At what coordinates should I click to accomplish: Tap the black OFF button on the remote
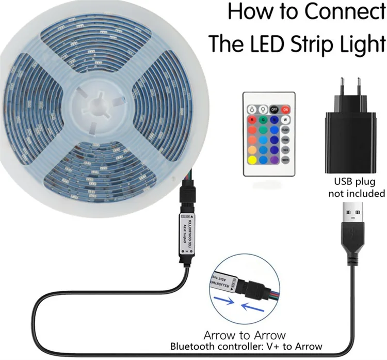click(275, 109)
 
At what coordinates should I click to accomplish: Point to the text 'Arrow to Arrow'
click(245, 335)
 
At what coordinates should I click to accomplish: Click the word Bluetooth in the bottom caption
click(195, 347)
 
